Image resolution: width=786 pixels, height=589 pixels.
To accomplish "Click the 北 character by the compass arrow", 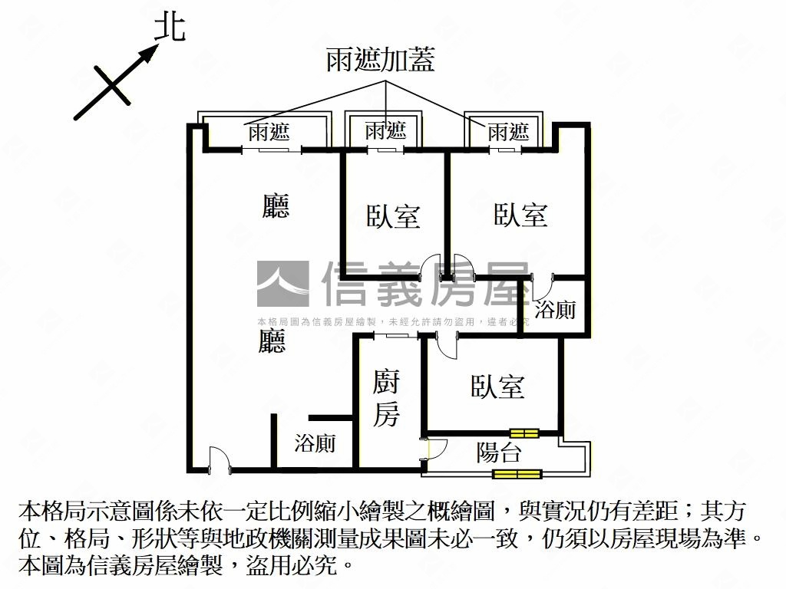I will coord(170,28).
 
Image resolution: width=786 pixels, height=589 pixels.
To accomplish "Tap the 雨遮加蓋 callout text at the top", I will coord(381,59).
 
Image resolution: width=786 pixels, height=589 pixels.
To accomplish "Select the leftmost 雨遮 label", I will coord(269,132).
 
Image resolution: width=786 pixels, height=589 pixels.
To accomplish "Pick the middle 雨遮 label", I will coord(385,130).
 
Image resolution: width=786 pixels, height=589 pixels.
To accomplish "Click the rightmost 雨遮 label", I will coord(508,132).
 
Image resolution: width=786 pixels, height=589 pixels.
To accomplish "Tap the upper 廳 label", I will coord(276,206).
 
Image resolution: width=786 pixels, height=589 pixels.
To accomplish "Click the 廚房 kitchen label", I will coord(386,397).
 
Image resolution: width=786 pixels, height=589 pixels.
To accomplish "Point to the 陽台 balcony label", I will coord(499,452).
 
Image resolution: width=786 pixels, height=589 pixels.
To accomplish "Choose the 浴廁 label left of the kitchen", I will coord(315,443).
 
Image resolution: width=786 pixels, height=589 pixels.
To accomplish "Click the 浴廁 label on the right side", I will coord(555,310).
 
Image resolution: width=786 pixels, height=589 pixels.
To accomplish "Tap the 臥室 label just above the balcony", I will coord(497,386).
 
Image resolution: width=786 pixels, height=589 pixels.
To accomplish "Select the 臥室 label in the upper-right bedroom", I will coord(520,215).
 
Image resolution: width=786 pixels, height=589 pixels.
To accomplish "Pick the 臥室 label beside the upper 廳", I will coord(393,216).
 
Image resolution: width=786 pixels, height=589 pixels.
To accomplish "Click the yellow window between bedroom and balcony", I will coord(524,433).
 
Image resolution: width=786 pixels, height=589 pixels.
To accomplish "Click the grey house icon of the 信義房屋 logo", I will coord(282,284).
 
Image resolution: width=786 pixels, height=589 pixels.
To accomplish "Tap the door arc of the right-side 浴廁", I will coord(540,288).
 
